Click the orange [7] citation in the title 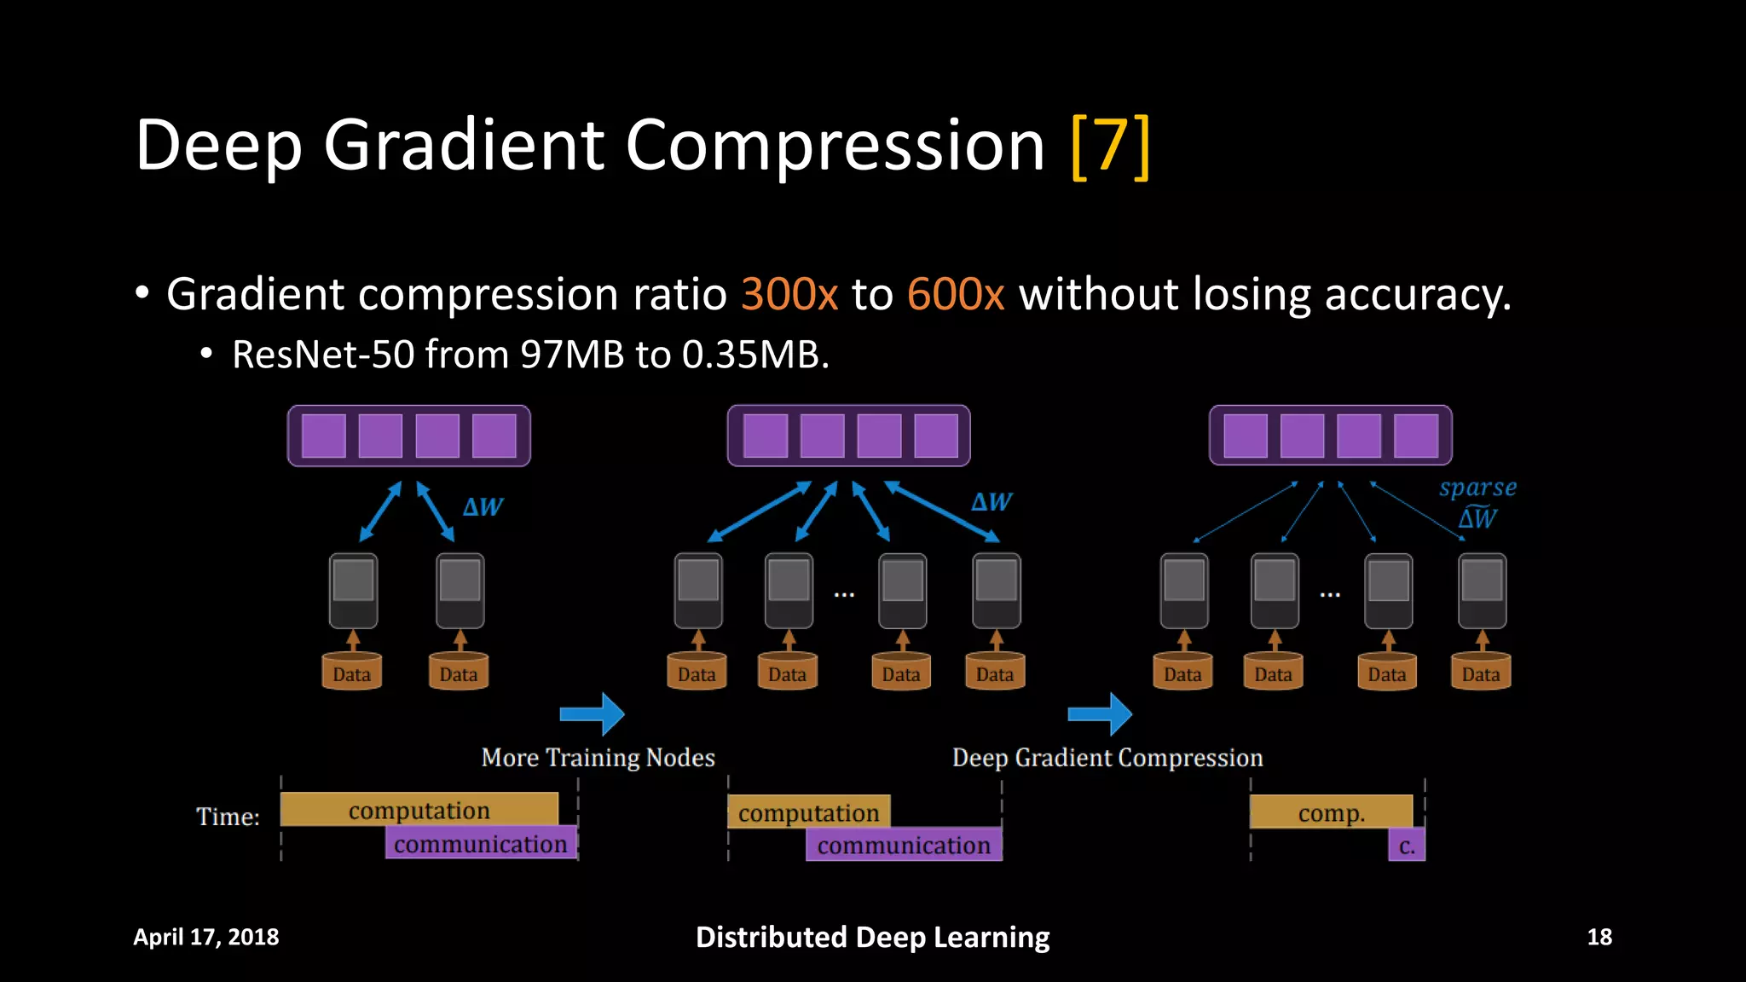click(x=1110, y=147)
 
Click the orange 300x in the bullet click(x=789, y=295)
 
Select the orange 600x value click(x=956, y=295)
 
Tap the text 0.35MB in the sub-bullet click(x=754, y=355)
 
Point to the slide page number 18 click(x=1599, y=937)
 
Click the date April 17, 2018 click(x=206, y=937)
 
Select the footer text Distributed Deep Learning click(x=872, y=937)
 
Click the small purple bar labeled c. click(x=1407, y=846)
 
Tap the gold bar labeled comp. click(x=1331, y=812)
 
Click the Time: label click(x=228, y=817)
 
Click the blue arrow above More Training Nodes click(x=593, y=713)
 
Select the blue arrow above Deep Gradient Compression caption click(x=1100, y=713)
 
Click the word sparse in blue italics click(x=1477, y=488)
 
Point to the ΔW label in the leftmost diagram click(x=483, y=507)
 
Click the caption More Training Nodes click(x=598, y=757)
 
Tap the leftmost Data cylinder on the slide click(x=352, y=672)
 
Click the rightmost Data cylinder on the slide click(x=1481, y=672)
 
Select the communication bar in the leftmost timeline click(x=481, y=843)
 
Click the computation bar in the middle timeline click(x=808, y=812)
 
